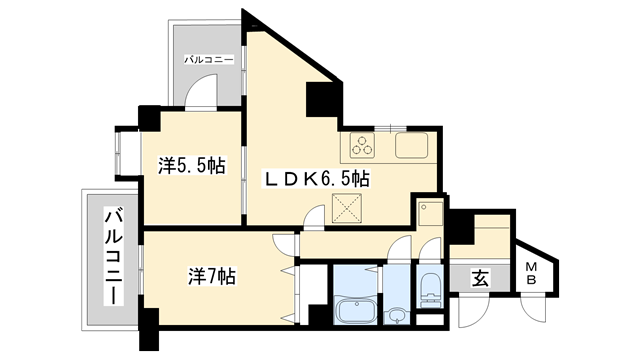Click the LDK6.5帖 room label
[317, 178]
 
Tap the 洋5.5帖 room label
[191, 166]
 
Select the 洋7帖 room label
[211, 276]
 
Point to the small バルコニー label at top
[209, 60]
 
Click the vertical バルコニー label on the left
[114, 256]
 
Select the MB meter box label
[531, 274]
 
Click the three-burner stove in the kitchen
[362, 145]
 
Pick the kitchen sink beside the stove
[411, 145]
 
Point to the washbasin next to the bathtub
[396, 316]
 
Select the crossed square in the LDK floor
[347, 208]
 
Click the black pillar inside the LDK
[321, 100]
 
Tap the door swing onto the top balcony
[201, 91]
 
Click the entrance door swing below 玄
[474, 310]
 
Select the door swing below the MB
[534, 309]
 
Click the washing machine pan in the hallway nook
[430, 213]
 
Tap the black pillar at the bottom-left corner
[148, 329]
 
